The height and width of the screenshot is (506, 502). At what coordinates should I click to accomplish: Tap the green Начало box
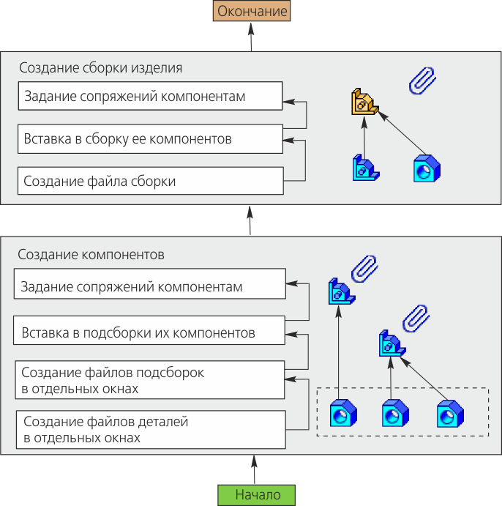(258, 494)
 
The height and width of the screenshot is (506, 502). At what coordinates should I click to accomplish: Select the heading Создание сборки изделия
(100, 67)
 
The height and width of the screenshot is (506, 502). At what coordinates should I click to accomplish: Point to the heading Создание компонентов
(91, 255)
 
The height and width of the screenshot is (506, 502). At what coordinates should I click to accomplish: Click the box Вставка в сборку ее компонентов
(150, 138)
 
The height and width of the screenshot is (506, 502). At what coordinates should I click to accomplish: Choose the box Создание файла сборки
(150, 181)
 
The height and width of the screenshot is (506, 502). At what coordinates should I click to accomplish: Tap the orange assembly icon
(364, 103)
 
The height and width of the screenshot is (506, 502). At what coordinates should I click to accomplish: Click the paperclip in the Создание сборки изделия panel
(422, 81)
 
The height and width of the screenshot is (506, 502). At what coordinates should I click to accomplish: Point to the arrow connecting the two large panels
(250, 220)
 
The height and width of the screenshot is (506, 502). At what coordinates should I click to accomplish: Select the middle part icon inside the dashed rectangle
(394, 414)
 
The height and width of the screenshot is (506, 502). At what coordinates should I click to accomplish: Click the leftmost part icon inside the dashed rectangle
(342, 414)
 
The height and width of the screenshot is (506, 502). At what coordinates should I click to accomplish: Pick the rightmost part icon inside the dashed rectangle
(449, 414)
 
